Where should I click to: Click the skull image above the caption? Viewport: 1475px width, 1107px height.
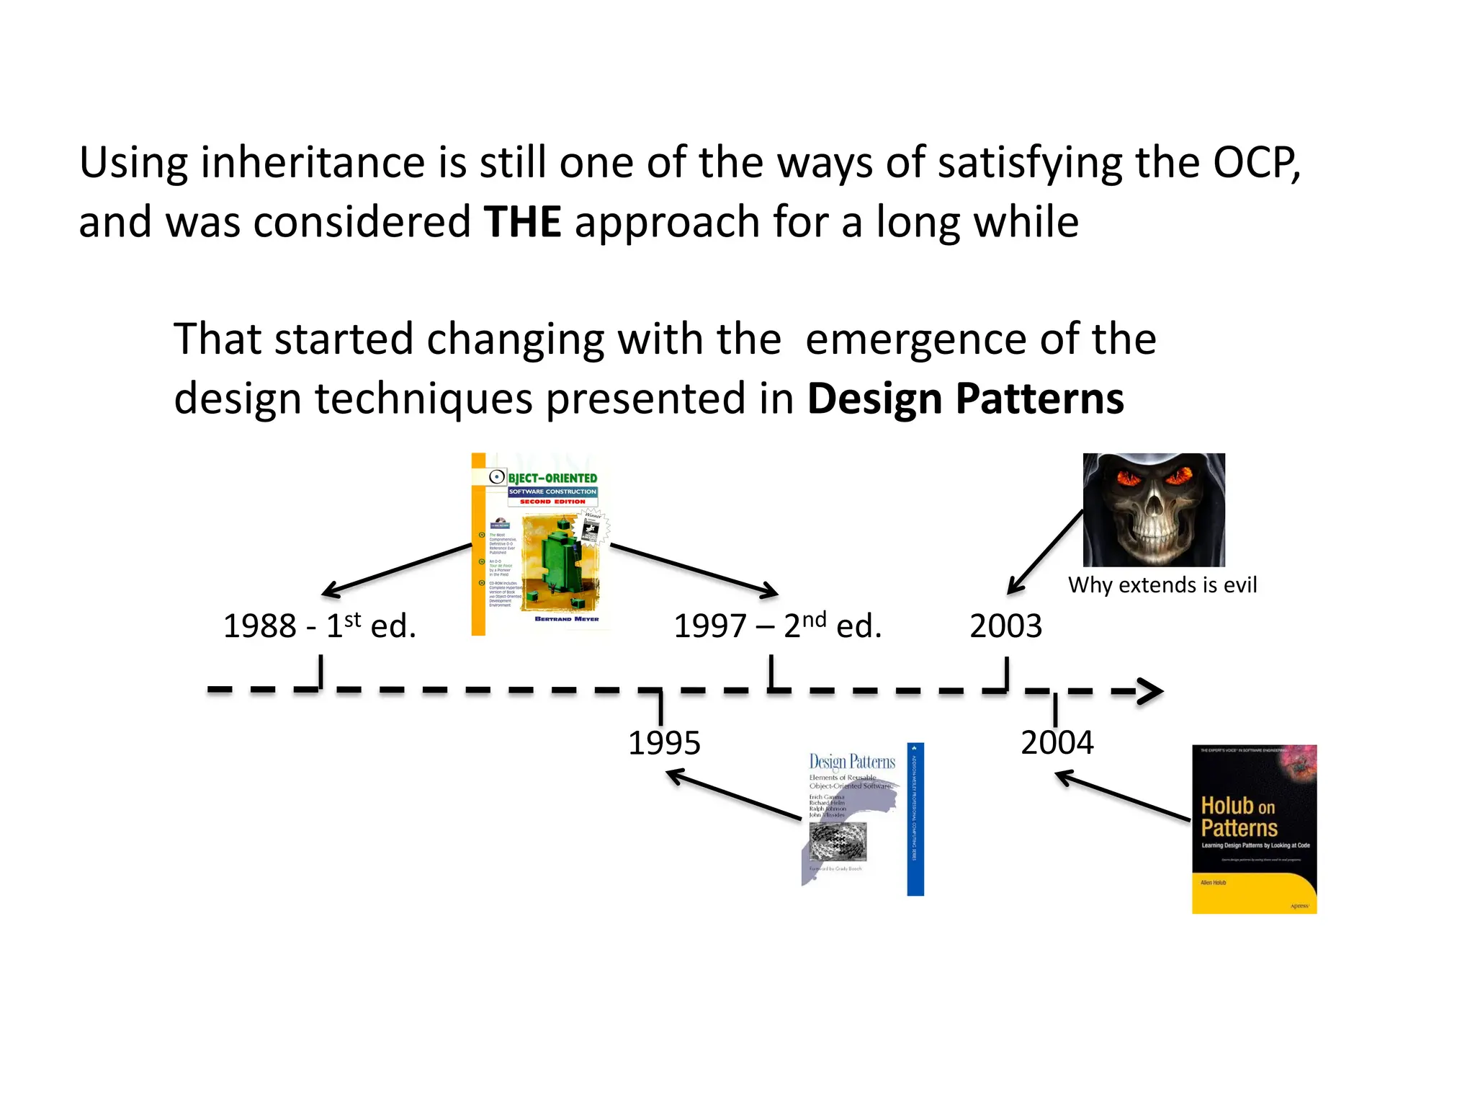click(1153, 510)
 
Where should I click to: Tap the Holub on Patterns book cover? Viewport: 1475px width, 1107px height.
click(1254, 829)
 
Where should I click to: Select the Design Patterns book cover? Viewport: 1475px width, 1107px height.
click(862, 819)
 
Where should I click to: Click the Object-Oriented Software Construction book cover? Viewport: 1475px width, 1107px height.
click(540, 544)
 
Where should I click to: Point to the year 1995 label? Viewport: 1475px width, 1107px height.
click(664, 743)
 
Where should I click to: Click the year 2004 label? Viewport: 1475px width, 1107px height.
click(1057, 742)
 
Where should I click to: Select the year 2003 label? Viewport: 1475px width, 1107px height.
click(1005, 626)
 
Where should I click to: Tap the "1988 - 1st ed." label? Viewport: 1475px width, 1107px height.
click(320, 626)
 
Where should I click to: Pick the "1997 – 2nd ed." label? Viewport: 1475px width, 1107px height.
click(777, 626)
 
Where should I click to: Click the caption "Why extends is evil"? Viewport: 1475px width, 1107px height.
click(1162, 584)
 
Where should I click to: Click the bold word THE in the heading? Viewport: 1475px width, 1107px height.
click(522, 221)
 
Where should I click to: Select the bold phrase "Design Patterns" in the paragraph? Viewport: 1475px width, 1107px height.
click(965, 399)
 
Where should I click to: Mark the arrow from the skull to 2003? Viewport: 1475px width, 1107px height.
click(1045, 552)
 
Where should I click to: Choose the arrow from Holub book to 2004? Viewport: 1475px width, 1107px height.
click(1122, 796)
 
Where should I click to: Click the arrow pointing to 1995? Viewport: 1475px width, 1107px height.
click(733, 795)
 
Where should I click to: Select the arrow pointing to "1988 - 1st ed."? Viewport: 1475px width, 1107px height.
click(397, 569)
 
